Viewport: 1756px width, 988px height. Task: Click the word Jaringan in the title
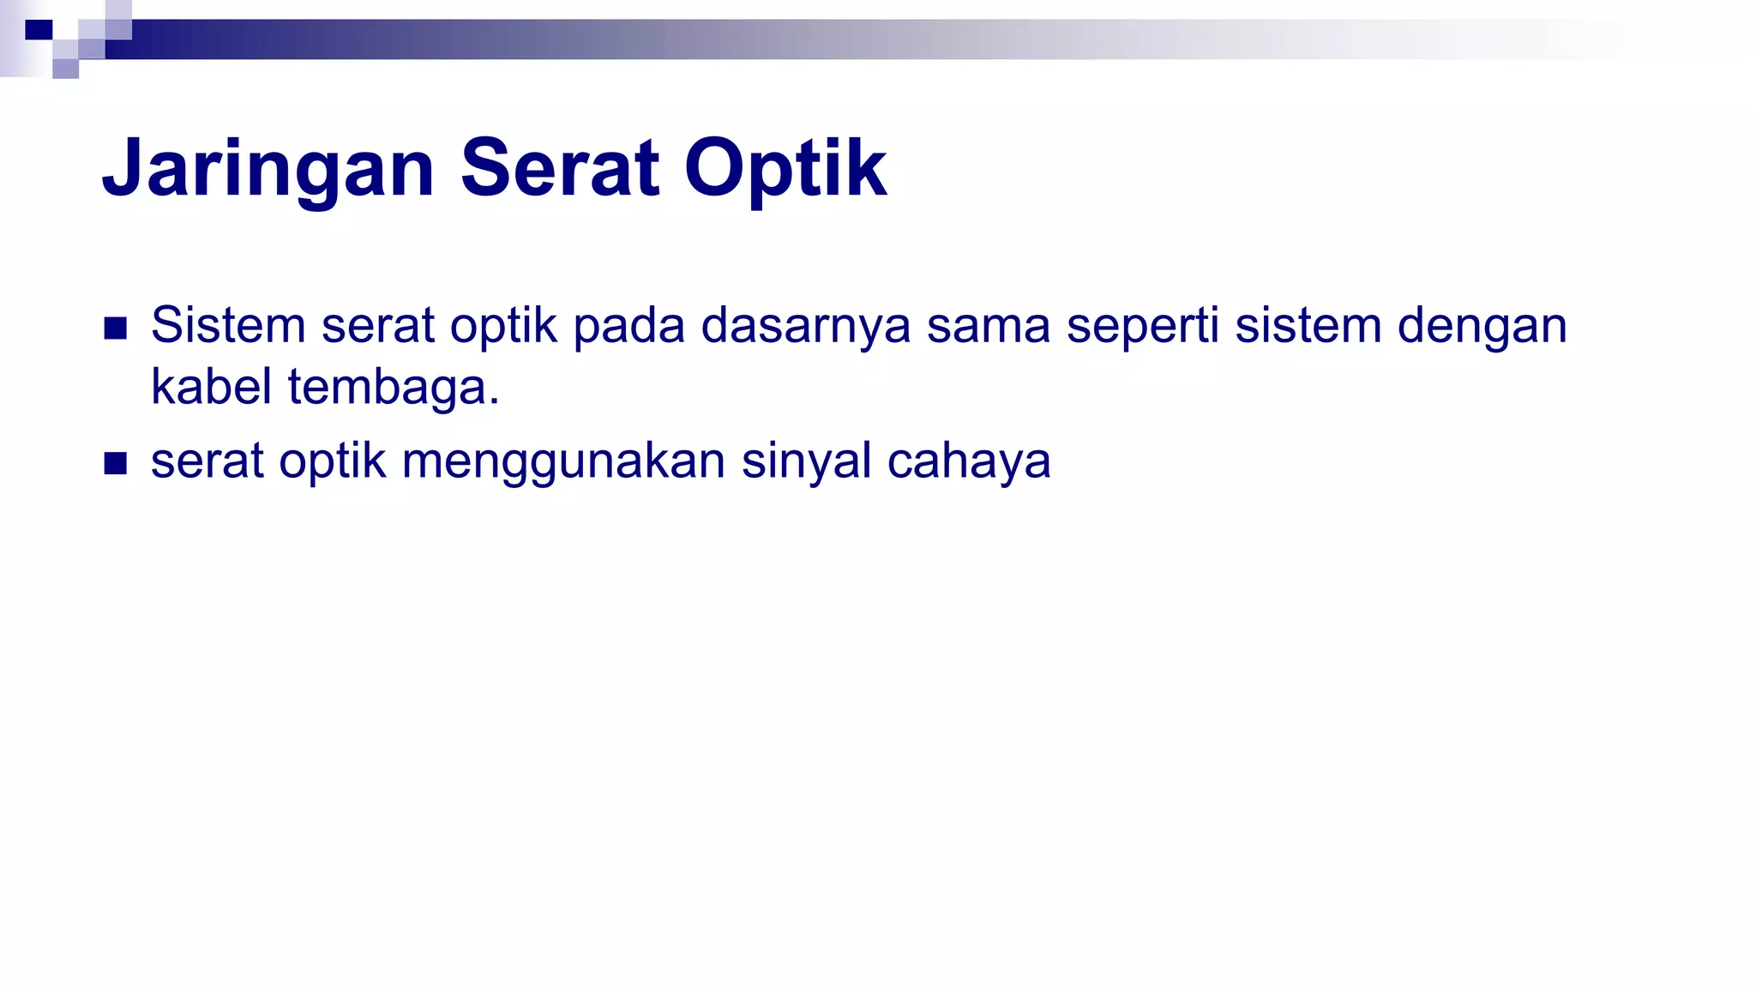coord(268,169)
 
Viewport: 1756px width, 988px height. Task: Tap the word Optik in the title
coord(785,169)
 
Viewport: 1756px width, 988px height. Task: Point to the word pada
coord(628,327)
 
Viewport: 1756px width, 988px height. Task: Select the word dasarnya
coord(805,327)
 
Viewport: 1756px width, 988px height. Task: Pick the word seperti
coord(1142,327)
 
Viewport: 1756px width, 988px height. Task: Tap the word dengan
coord(1482,327)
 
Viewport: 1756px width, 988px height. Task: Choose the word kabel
coord(211,386)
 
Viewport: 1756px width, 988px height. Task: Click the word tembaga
coord(392,388)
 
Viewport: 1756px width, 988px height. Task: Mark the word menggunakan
coord(563,462)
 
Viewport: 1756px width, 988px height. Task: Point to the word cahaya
coord(968,462)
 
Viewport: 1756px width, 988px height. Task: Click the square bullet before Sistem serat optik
coord(115,328)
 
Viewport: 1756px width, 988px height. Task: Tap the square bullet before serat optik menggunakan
coord(115,463)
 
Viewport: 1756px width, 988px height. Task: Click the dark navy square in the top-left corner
coord(39,30)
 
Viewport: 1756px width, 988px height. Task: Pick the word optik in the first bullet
coord(503,327)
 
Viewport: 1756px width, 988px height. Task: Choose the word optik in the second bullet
coord(333,462)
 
